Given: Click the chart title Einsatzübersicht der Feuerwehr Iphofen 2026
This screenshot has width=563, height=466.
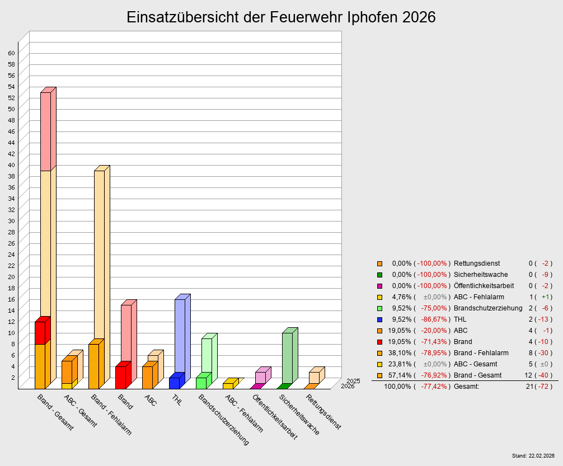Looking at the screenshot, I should tap(281, 17).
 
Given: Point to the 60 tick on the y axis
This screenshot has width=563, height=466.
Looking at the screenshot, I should tap(11, 53).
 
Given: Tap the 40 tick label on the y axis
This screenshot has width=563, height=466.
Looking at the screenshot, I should tap(11, 164).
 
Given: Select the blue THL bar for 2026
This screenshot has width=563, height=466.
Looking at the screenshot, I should tap(174, 383).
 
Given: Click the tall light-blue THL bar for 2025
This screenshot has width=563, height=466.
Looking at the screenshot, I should tap(180, 336).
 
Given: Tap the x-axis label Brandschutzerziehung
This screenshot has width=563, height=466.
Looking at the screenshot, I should tap(223, 419).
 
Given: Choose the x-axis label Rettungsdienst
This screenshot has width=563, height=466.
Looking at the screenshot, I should tap(323, 412).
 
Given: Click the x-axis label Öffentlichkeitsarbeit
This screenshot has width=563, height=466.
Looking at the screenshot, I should tap(275, 417).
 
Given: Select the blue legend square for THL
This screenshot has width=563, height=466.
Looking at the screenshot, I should tap(379, 319).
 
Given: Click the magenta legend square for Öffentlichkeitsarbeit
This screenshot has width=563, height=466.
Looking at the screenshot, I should tap(379, 286).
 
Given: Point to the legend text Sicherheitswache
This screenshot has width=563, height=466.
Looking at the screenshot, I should tap(481, 275).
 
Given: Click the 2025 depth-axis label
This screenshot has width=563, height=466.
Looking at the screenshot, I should tap(353, 381).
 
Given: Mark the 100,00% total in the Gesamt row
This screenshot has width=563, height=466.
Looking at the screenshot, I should tap(397, 387).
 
